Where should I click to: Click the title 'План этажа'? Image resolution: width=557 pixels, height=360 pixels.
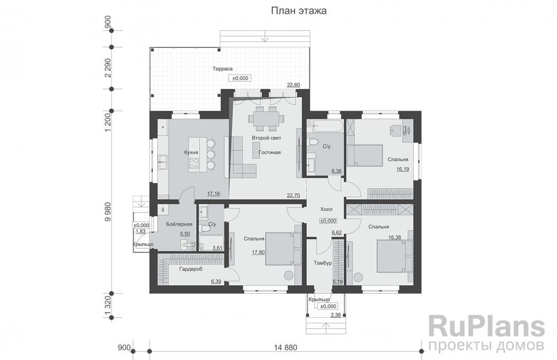click(x=299, y=11)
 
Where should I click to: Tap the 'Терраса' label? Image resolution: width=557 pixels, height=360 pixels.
click(x=222, y=68)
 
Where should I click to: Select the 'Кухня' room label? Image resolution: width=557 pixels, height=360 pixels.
click(x=191, y=152)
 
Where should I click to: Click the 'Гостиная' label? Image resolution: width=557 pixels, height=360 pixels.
click(x=270, y=152)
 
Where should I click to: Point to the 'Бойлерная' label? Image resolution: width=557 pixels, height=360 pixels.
click(x=179, y=224)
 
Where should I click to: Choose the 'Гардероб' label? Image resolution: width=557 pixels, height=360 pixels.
click(x=191, y=269)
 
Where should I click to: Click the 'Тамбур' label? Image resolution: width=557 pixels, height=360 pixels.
click(x=323, y=263)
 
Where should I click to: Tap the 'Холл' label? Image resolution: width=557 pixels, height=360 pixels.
click(x=326, y=209)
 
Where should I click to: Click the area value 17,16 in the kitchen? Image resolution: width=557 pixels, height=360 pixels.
click(x=213, y=194)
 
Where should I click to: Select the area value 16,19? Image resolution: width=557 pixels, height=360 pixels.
click(x=402, y=169)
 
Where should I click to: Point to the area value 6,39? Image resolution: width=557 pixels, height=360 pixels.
click(x=216, y=281)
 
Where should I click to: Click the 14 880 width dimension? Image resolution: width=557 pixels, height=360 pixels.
click(x=286, y=348)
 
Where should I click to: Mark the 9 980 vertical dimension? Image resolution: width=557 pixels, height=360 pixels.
click(x=107, y=212)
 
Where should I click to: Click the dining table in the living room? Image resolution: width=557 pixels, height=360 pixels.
click(x=266, y=118)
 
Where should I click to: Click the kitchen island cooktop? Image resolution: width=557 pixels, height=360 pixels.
click(x=194, y=163)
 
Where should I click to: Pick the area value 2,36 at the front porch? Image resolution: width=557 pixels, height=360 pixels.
click(x=336, y=315)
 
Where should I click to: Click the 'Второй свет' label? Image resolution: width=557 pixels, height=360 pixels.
click(x=266, y=138)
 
